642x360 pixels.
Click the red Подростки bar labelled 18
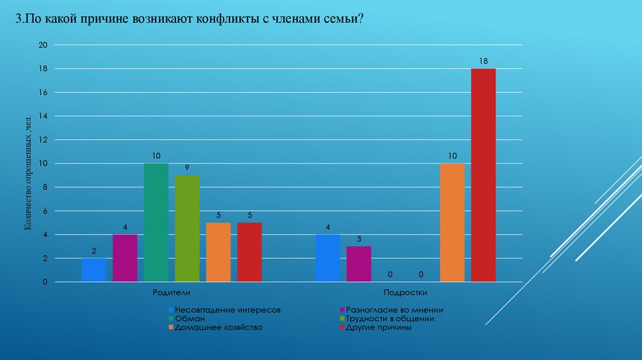(483, 175)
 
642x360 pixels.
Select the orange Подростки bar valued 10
(452, 223)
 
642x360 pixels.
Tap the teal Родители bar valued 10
(156, 223)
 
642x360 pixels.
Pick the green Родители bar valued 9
(187, 228)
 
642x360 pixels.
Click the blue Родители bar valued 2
(94, 270)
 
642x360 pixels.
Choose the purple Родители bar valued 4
(125, 258)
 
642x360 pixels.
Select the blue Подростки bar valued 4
(327, 258)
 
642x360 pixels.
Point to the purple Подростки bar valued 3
(359, 264)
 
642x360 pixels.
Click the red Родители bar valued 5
(250, 252)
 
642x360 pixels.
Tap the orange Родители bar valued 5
(218, 252)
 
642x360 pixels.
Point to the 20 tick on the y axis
(43, 45)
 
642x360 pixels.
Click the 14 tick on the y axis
(43, 116)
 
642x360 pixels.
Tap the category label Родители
(171, 293)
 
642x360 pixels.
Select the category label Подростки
(405, 293)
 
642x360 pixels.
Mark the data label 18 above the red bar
(483, 61)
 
